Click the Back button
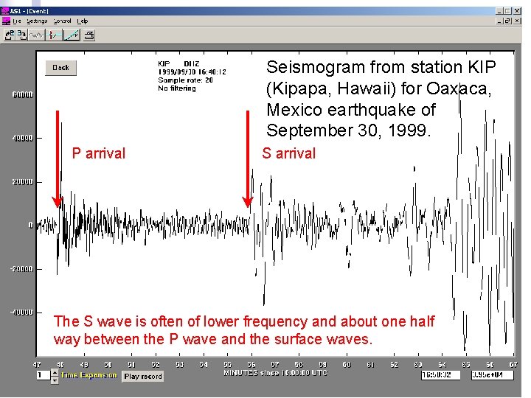(x=60, y=68)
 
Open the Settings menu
(x=36, y=21)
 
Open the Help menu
(x=83, y=21)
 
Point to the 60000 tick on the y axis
(x=22, y=94)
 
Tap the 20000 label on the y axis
(x=22, y=182)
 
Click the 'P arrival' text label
(x=98, y=153)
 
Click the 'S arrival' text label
(x=289, y=153)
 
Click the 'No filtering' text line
(x=177, y=88)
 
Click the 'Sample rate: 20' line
(x=185, y=80)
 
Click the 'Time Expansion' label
(x=88, y=375)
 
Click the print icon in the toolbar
(x=89, y=35)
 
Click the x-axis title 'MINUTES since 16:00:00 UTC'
(x=275, y=373)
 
